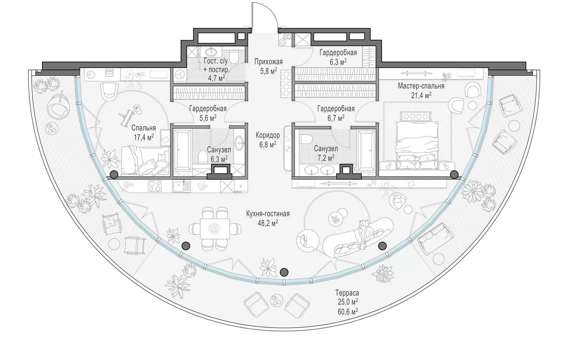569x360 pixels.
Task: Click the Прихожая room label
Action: pos(268,62)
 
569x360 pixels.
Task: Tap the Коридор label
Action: pos(268,135)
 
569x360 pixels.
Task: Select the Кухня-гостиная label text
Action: pos(268,214)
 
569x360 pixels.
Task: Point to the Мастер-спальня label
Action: pos(421,86)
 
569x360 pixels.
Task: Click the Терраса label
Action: pos(347,293)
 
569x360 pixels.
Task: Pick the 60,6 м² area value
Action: pos(348,311)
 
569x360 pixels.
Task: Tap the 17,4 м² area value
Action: pos(144,138)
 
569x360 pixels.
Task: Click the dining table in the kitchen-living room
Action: pos(215,229)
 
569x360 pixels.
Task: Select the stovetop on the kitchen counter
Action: pos(155,186)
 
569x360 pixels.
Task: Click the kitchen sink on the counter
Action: pos(181,186)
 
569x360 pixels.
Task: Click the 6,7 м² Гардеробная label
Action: pos(336,113)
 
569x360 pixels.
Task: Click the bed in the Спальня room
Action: pos(145,160)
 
